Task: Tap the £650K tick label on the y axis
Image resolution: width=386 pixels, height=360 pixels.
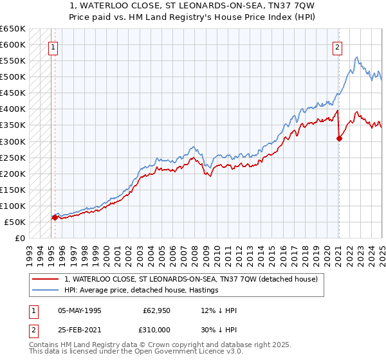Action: (13, 29)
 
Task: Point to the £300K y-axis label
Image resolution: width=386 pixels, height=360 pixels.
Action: (13, 141)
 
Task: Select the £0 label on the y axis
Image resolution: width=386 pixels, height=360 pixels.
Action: (21, 238)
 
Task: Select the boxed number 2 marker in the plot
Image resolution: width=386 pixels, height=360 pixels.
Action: (337, 46)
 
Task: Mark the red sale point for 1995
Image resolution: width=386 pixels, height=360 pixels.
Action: (55, 217)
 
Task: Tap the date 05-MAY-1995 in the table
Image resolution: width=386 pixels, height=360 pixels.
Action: (80, 310)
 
